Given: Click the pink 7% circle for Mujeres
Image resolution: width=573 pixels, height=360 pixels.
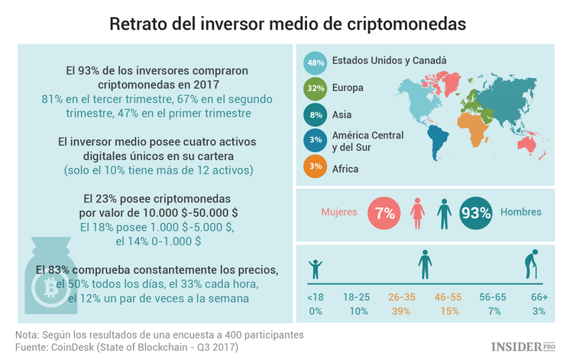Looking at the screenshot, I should [384, 213].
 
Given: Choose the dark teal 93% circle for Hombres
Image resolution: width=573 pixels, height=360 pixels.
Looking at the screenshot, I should [475, 213].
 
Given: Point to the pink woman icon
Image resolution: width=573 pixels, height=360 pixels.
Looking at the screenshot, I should [417, 213].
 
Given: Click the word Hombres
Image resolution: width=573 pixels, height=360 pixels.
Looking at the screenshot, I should [522, 212].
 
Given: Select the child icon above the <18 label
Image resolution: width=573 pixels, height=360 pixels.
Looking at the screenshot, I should [315, 270].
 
